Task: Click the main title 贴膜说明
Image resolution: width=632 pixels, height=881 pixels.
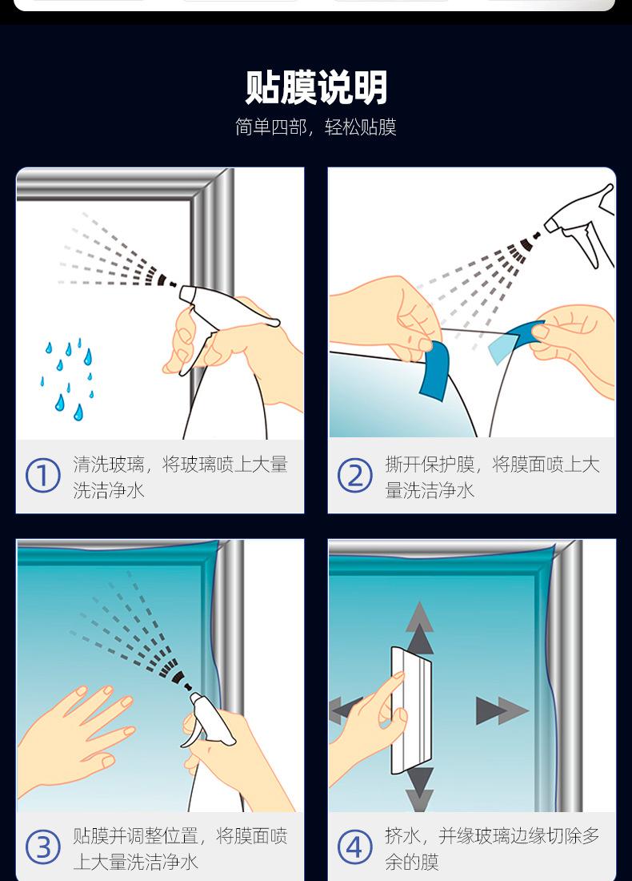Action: click(316, 87)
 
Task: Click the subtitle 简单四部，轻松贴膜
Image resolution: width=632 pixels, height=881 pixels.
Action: click(316, 127)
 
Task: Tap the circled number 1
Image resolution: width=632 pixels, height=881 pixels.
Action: click(42, 476)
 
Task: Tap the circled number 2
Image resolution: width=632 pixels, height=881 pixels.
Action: click(354, 476)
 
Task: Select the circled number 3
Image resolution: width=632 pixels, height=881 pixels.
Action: click(42, 847)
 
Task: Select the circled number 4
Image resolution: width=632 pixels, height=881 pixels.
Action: click(354, 847)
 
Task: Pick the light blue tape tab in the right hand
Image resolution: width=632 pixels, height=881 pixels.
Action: click(514, 340)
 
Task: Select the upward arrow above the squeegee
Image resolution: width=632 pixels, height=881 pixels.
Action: click(419, 626)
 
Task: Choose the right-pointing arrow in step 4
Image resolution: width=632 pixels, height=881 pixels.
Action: click(502, 710)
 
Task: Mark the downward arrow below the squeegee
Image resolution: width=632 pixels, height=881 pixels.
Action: click(420, 790)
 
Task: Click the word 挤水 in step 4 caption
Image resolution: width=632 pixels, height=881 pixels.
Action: click(402, 835)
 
